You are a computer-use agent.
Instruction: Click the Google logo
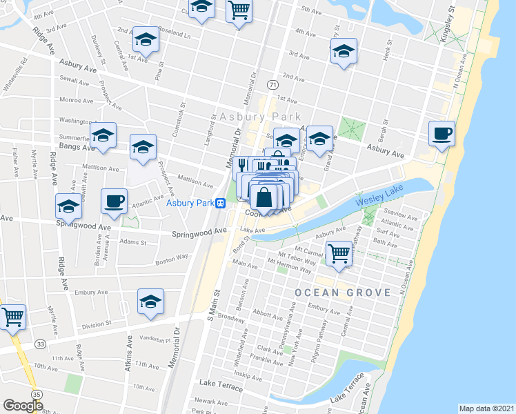click(23, 405)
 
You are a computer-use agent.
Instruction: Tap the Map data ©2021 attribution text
click(486, 408)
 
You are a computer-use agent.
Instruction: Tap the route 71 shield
click(273, 83)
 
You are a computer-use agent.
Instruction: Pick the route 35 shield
click(37, 394)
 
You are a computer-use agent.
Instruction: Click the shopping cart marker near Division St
click(12, 317)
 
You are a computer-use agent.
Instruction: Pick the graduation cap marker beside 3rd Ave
click(344, 51)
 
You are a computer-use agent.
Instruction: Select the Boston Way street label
click(172, 258)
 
